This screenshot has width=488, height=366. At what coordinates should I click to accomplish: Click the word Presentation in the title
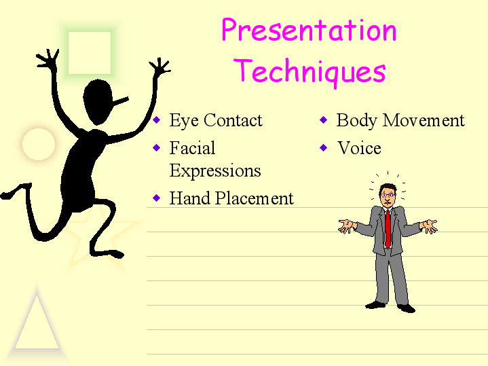point(309,30)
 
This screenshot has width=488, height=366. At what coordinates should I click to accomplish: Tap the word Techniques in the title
point(310,71)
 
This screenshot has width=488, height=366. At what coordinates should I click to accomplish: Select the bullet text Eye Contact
point(216,121)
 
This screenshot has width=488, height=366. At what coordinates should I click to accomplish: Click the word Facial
point(192,148)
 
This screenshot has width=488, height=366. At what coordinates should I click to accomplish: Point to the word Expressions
point(215,171)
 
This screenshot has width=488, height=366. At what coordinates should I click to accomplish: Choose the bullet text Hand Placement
point(231,198)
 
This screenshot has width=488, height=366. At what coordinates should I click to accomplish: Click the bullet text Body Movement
point(400,121)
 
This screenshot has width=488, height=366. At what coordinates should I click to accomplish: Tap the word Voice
point(360,148)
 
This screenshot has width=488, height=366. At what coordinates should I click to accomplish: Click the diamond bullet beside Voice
point(324,147)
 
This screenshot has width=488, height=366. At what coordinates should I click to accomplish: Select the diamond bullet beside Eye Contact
point(157,120)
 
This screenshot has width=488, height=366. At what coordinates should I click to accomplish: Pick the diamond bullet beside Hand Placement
point(157,198)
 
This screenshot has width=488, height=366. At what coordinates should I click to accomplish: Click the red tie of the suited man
point(388,229)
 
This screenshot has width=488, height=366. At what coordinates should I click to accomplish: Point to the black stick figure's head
point(98,102)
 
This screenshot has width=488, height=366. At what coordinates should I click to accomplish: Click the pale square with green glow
point(90,53)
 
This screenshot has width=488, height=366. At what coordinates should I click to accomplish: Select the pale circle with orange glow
point(39,144)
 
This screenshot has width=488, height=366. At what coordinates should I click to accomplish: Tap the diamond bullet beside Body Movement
point(324,120)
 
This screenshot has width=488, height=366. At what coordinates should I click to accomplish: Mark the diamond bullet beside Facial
point(157,147)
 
